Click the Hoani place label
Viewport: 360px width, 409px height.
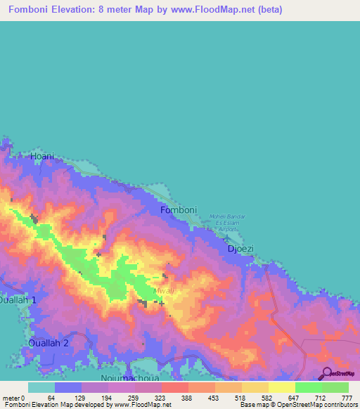[42, 156]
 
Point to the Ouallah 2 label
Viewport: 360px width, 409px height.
[48, 343]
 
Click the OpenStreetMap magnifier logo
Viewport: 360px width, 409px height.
[327, 373]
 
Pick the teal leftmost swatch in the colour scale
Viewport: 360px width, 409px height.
[41, 387]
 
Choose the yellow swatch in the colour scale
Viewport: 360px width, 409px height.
[282, 387]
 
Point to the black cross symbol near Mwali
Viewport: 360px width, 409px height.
[162, 304]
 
